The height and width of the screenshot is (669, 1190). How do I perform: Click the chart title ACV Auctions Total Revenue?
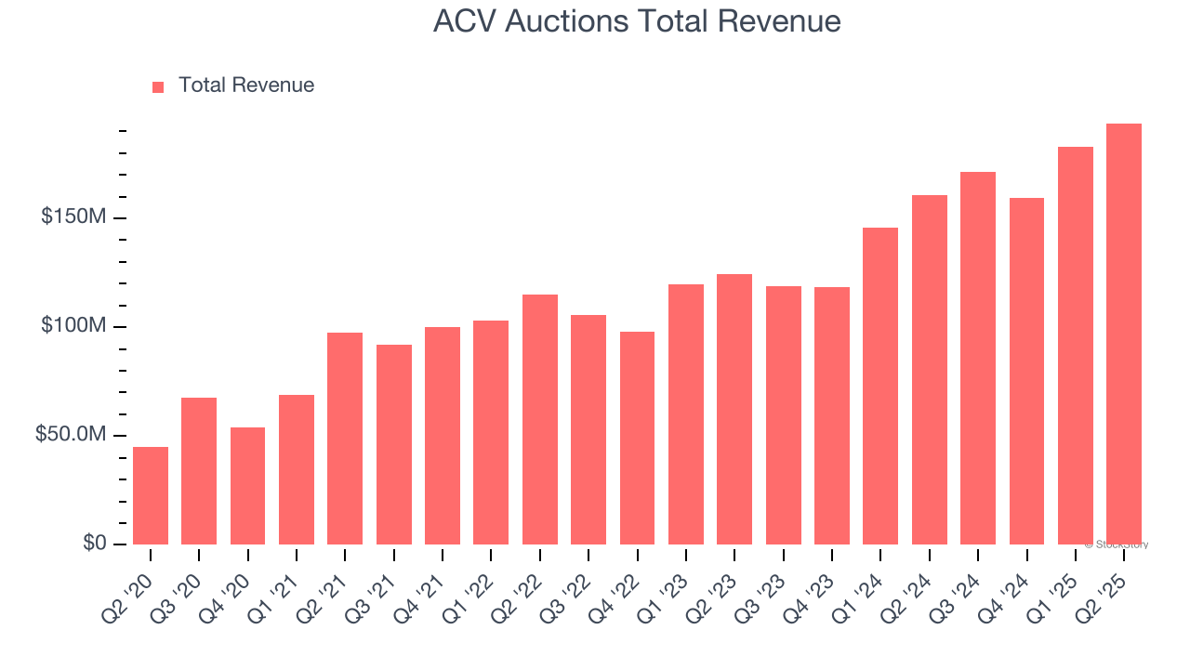click(x=637, y=21)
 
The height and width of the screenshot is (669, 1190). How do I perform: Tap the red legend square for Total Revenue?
click(x=158, y=86)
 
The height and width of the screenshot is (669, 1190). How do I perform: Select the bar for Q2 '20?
click(x=151, y=495)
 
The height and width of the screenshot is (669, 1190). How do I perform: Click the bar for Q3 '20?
click(x=199, y=471)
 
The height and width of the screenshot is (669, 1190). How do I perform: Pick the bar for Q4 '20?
click(x=247, y=486)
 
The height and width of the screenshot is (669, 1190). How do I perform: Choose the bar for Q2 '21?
click(x=345, y=439)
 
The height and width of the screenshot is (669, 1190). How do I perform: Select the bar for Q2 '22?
click(x=539, y=419)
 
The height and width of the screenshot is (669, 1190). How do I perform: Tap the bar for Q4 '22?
click(x=637, y=438)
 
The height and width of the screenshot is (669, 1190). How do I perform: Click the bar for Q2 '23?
click(x=734, y=409)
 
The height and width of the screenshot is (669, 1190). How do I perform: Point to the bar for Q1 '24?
click(x=880, y=386)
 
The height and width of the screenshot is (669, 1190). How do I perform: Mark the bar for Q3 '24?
click(x=978, y=358)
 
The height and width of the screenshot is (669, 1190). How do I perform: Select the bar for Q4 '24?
click(x=1026, y=371)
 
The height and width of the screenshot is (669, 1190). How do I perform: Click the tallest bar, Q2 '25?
click(x=1124, y=334)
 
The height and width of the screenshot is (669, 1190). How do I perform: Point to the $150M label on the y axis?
click(x=73, y=217)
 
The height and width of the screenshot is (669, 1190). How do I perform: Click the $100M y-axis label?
click(x=73, y=326)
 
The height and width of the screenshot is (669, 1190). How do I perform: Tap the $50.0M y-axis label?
click(x=71, y=435)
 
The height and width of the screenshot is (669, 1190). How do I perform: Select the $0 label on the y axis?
click(x=95, y=544)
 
